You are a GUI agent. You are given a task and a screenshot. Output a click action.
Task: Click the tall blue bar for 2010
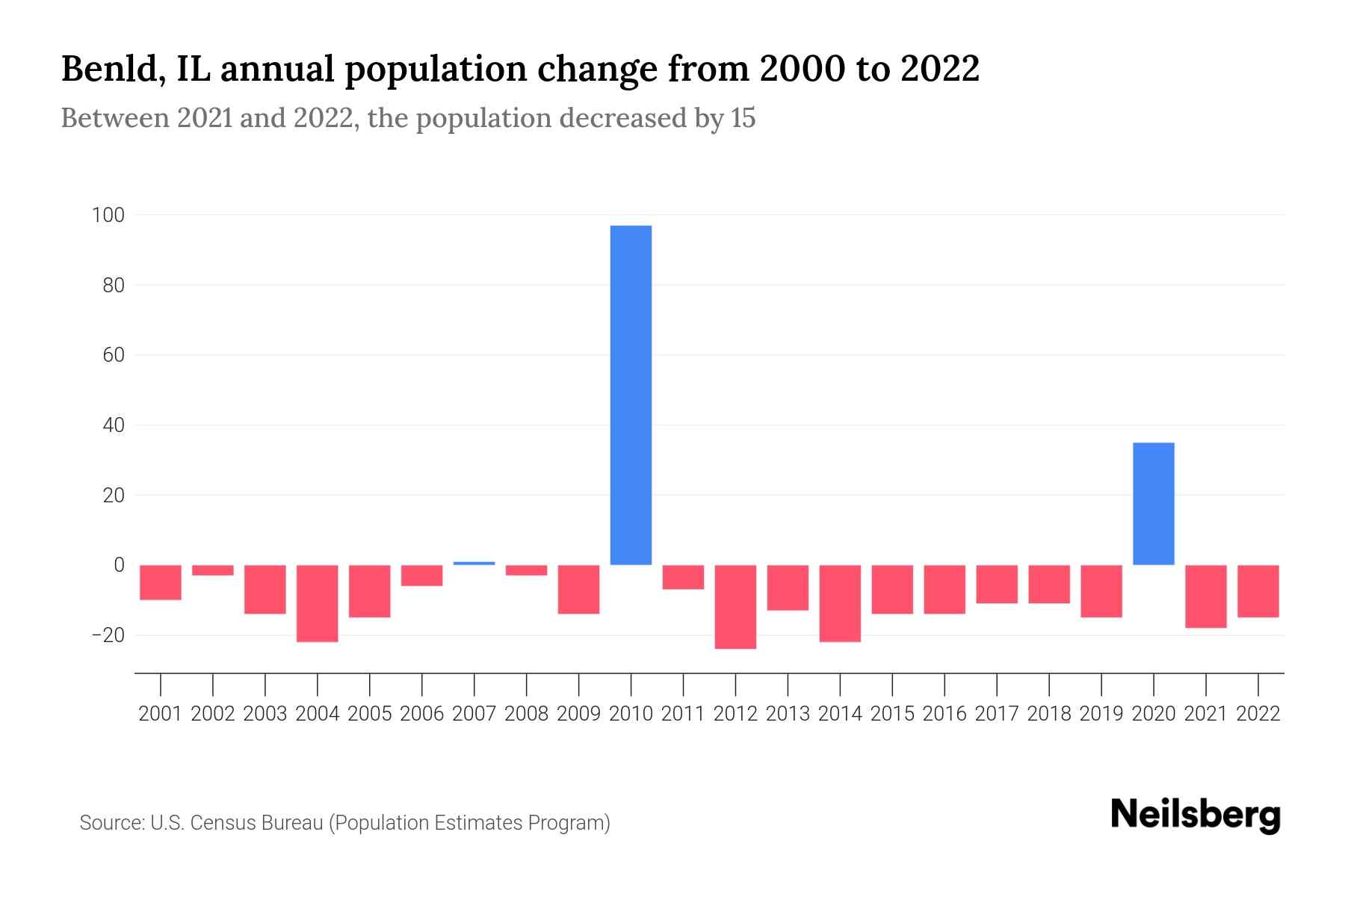tap(631, 395)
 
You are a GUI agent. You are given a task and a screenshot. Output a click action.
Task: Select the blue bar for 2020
tap(1153, 504)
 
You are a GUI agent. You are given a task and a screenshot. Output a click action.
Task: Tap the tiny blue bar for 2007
tap(474, 563)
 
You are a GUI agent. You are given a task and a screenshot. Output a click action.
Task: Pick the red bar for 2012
tap(735, 606)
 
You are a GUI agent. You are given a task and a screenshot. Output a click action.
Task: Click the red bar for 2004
tap(318, 603)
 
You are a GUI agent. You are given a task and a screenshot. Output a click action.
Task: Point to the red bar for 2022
tap(1258, 591)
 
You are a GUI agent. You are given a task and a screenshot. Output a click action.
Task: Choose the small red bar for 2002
tap(213, 570)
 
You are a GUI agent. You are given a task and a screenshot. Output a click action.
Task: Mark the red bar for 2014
tap(840, 603)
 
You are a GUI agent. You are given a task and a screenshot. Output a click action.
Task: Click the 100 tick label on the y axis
tap(108, 215)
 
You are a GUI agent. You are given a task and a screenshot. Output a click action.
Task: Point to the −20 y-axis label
tap(108, 635)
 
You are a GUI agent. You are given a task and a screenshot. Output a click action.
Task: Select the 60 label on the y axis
tap(113, 355)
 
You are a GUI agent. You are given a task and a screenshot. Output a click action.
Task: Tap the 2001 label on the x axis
tap(161, 714)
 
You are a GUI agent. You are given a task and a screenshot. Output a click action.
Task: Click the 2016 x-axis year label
tap(944, 714)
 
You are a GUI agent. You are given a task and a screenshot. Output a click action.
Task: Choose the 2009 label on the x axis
tap(578, 714)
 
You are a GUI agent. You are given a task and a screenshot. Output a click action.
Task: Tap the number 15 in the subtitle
tap(743, 118)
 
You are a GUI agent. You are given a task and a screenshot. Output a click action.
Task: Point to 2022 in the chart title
tap(939, 69)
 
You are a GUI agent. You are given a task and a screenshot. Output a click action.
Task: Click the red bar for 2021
tap(1205, 596)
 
